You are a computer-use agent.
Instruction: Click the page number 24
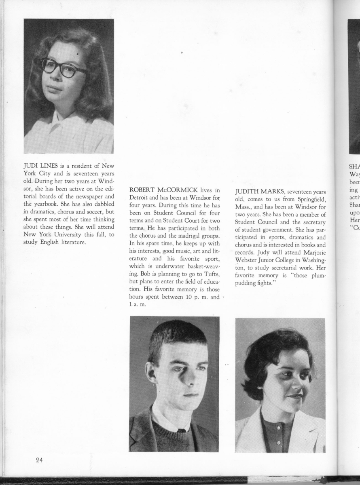(x=39, y=460)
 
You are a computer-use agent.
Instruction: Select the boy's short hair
(x=177, y=335)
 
